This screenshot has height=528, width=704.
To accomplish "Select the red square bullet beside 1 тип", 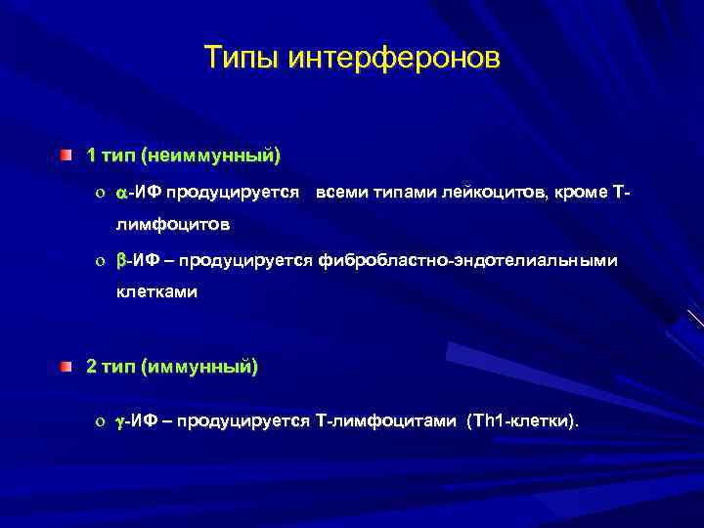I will pyautogui.click(x=65, y=155).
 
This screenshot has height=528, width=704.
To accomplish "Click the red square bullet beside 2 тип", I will pyautogui.click(x=65, y=367).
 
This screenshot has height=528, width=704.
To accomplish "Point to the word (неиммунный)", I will pyautogui.click(x=211, y=155).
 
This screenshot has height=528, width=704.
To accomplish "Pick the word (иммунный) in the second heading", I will pyautogui.click(x=199, y=367).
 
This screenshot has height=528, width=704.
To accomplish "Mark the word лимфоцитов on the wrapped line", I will pyautogui.click(x=174, y=225).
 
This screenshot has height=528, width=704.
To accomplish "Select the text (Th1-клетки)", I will pyautogui.click(x=523, y=421).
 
